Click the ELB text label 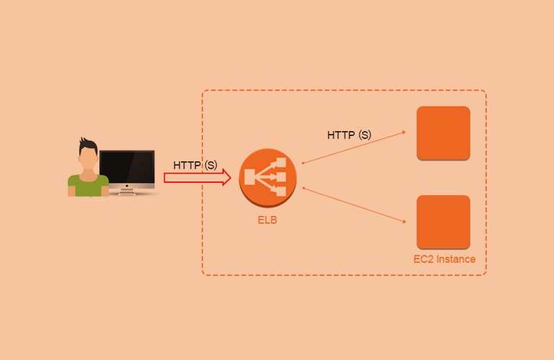(x=267, y=220)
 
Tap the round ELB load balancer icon (x=268, y=177)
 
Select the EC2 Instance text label (x=444, y=259)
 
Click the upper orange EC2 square (x=443, y=132)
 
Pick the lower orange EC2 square (x=443, y=222)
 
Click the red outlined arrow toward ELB (x=194, y=178)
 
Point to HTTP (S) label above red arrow (x=195, y=165)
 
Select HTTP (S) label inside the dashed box (x=349, y=135)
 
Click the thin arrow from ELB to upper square (x=353, y=148)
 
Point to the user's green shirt (x=88, y=185)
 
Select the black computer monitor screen (x=127, y=168)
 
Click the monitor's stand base (x=127, y=192)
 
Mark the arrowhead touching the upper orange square (x=404, y=132)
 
